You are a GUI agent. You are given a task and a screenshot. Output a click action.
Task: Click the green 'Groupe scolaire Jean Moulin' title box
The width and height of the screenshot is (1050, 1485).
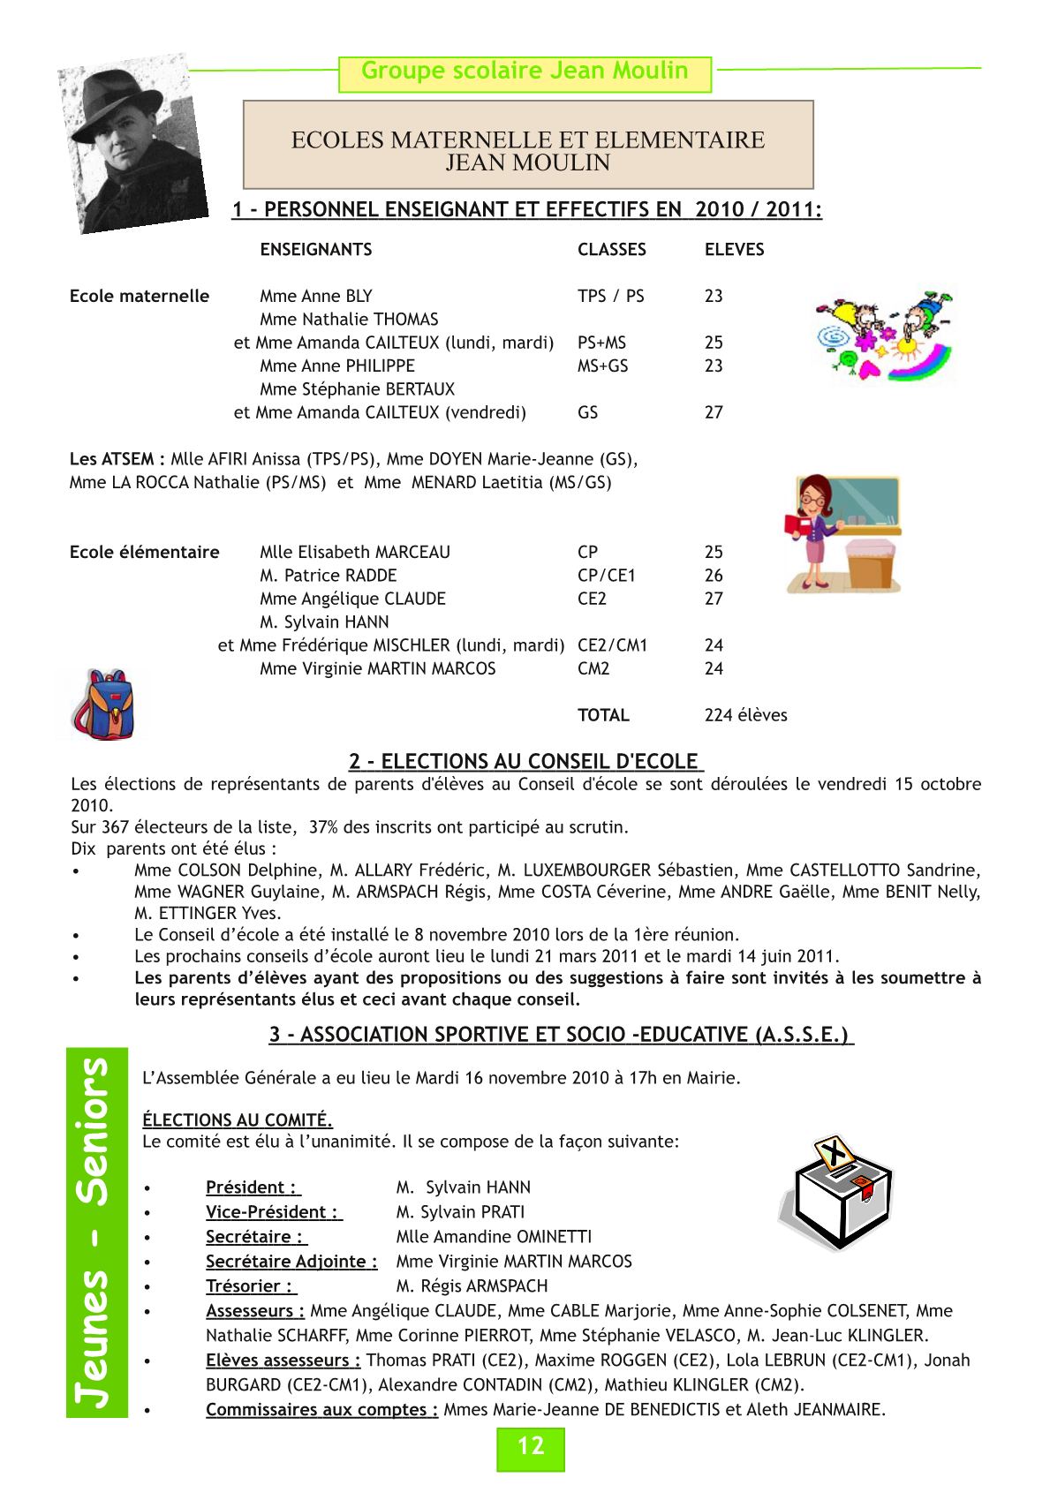(525, 72)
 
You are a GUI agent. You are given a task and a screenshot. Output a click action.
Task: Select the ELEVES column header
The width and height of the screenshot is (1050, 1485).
(734, 250)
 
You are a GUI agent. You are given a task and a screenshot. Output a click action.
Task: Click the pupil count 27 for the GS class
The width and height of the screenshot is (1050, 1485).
(714, 412)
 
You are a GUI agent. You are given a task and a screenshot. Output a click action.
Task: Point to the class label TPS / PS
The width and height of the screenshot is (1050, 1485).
(610, 297)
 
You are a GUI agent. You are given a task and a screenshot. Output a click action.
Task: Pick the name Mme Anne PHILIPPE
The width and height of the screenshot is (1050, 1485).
(336, 366)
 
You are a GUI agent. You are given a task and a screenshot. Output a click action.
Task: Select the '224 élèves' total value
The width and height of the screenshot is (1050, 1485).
(745, 715)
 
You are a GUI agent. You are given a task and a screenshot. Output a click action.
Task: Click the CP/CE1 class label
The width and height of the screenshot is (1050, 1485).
(606, 576)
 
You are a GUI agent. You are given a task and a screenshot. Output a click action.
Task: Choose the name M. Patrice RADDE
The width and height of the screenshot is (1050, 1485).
(315, 576)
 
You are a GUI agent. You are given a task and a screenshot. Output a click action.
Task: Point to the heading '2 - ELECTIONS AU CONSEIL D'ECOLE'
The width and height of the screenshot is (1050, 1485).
(525, 761)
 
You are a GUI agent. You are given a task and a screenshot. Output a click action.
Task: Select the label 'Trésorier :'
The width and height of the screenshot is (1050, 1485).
(251, 1286)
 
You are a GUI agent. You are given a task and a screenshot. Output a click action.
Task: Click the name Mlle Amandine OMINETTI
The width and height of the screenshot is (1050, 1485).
(494, 1237)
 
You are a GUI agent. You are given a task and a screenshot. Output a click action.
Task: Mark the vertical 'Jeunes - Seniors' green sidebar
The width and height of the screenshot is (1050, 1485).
(97, 1232)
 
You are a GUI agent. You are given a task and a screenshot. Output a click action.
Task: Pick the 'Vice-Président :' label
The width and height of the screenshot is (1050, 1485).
(274, 1212)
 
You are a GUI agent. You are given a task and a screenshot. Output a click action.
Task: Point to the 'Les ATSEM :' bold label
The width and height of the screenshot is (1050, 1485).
(117, 459)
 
